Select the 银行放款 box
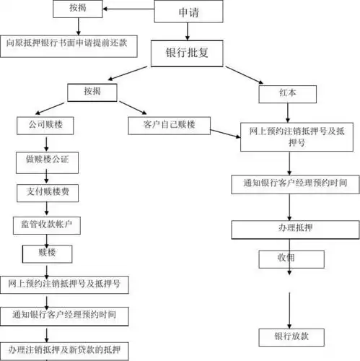(289, 336)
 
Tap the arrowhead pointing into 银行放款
(289, 324)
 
